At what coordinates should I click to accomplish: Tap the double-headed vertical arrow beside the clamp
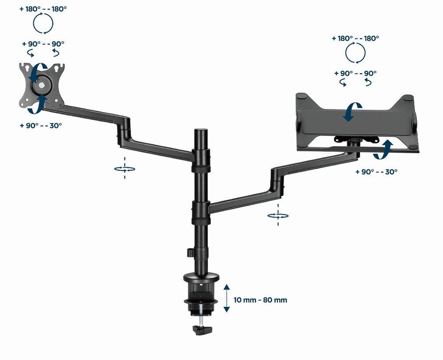pos(227,298)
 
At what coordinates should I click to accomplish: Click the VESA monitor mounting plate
pos(41,84)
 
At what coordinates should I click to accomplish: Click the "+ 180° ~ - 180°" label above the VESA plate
pos(43,8)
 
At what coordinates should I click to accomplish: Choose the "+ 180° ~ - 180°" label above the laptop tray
pos(355,39)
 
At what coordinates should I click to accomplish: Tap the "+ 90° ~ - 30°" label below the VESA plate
pos(41,125)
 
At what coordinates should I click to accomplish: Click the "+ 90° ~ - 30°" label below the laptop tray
pos(376,171)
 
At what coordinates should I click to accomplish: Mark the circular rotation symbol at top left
pos(43,24)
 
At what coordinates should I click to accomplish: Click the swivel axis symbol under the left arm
pos(124,168)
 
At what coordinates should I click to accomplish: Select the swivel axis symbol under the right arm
pos(278,216)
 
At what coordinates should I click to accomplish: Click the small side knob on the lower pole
pos(189,252)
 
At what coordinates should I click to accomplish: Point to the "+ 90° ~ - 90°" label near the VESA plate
pos(43,44)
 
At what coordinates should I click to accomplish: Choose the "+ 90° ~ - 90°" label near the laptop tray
pos(356,73)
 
